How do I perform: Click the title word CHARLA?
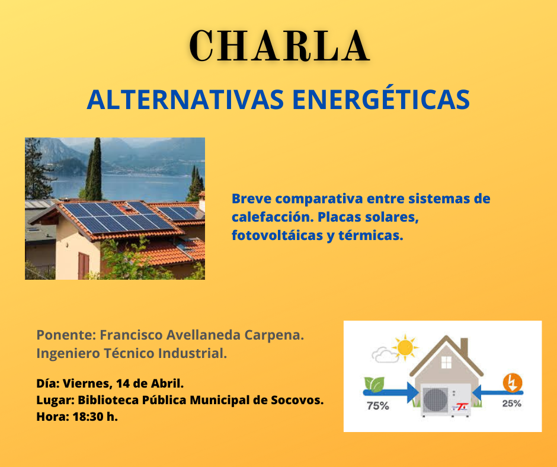tap(280, 46)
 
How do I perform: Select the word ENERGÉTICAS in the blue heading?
tap(381, 100)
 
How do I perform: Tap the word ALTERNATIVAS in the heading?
tap(185, 100)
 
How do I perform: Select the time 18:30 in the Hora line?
tap(88, 417)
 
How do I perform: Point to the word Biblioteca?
tap(107, 400)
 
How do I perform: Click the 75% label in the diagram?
tap(378, 405)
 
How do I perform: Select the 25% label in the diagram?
tap(511, 404)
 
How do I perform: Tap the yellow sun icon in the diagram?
tap(405, 347)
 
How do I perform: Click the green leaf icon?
tap(374, 385)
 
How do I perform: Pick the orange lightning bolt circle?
tap(512, 383)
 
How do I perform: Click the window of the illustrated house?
tap(446, 362)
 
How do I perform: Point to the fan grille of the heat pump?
tap(436, 400)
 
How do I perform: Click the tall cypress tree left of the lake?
tap(94, 170)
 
